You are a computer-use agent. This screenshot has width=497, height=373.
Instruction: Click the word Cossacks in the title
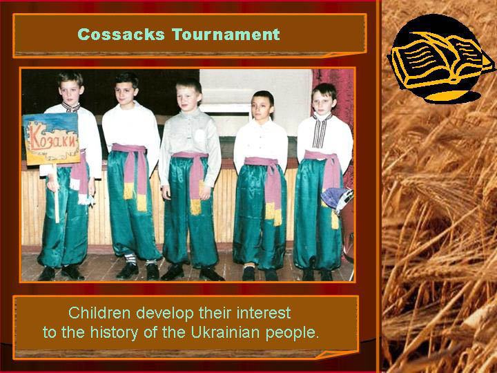(121, 35)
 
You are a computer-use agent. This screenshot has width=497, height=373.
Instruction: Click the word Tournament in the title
(226, 35)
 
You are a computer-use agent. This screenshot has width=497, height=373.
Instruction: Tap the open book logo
(440, 60)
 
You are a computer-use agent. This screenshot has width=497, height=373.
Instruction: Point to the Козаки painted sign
(51, 139)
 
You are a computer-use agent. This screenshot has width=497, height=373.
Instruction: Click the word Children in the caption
(99, 313)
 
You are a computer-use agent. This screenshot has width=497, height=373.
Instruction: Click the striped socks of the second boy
(130, 259)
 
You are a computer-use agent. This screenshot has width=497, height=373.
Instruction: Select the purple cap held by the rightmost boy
(337, 198)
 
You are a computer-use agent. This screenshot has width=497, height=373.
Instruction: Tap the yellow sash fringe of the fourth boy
(273, 214)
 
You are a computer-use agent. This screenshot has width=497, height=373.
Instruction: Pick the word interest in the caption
(264, 313)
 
